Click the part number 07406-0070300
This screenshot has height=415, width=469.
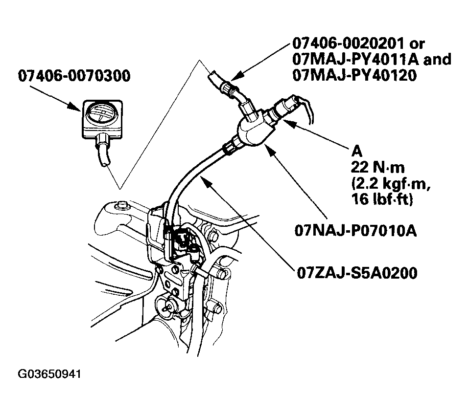tap(75, 76)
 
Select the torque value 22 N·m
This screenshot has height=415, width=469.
tap(377, 168)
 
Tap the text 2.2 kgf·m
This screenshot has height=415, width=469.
tap(384, 185)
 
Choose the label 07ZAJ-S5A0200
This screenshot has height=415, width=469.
tap(357, 272)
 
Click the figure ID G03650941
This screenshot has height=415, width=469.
tap(49, 375)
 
